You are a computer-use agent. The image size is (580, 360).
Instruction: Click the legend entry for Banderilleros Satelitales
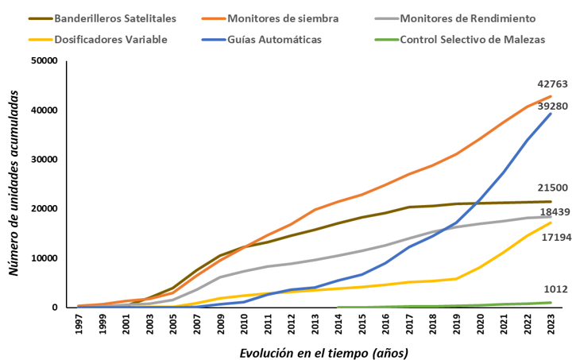point(102,18)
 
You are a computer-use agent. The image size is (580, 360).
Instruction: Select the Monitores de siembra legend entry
point(270,18)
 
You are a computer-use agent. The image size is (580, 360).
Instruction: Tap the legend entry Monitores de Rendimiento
point(455,18)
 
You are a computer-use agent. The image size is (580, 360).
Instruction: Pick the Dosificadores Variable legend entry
point(98,40)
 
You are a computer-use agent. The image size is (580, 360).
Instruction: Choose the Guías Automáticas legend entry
point(262,40)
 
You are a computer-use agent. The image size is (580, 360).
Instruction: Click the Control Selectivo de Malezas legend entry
point(460,40)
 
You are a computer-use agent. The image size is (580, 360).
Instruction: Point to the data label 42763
point(552,84)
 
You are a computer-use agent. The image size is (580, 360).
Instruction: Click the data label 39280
point(552,106)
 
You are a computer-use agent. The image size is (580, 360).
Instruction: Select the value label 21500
point(552,188)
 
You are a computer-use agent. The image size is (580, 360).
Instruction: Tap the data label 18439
point(555,212)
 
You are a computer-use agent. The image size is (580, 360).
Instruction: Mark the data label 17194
point(556,237)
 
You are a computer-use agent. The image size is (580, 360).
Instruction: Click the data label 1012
point(555,289)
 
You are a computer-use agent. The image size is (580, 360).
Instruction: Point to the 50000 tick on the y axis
point(44,60)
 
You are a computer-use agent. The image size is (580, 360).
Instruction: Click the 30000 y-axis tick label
point(44,160)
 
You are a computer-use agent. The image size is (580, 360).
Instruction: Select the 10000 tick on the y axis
point(44,258)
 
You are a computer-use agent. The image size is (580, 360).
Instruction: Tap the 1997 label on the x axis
point(79,324)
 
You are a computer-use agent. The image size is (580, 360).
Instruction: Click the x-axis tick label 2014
point(338,324)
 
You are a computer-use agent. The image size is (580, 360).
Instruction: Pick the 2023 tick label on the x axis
point(551,324)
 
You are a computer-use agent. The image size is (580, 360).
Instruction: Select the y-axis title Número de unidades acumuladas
point(14,183)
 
